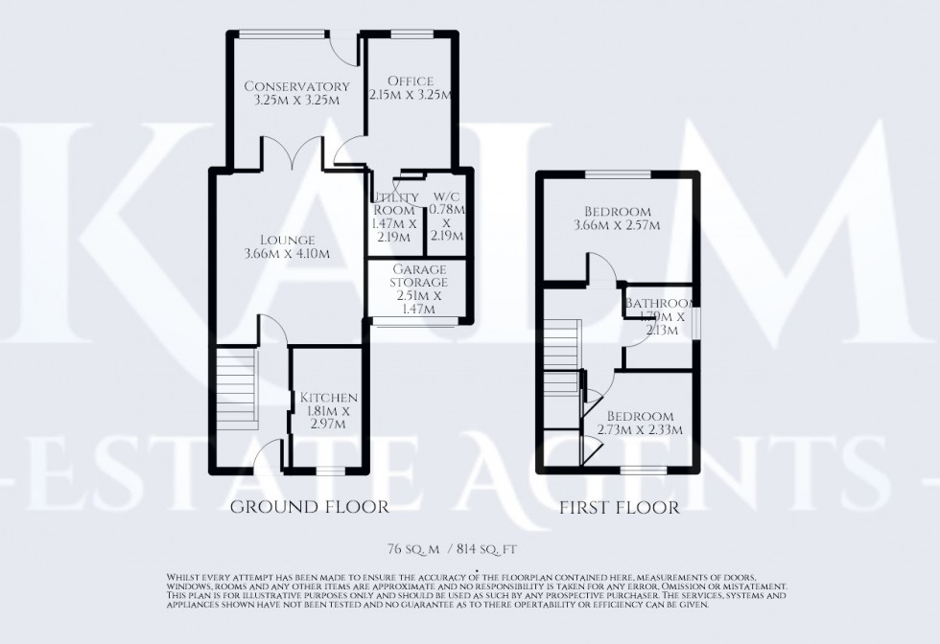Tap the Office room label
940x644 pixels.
click(x=411, y=81)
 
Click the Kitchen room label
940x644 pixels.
click(x=329, y=398)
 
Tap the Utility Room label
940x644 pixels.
click(x=395, y=203)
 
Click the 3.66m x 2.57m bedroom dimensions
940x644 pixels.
click(x=617, y=226)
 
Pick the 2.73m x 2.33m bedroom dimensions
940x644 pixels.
click(x=644, y=430)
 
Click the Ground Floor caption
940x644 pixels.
click(x=310, y=507)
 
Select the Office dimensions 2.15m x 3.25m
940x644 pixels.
click(x=411, y=97)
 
